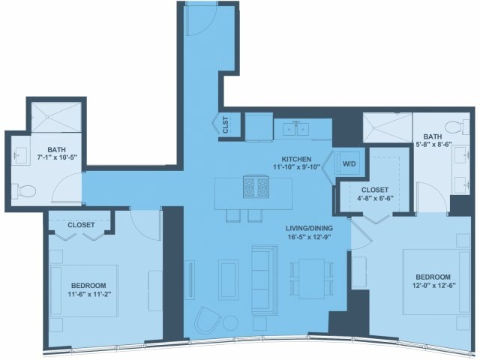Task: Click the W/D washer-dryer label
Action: (x=349, y=163)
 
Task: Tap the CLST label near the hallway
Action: (x=226, y=125)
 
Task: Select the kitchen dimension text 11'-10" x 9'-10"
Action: (x=296, y=166)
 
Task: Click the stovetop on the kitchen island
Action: (x=256, y=187)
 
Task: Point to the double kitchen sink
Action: (x=296, y=130)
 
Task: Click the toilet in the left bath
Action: (x=25, y=192)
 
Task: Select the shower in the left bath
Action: (x=56, y=117)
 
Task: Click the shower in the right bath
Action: (x=388, y=127)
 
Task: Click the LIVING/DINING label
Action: (x=309, y=228)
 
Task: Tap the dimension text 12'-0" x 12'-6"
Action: (x=433, y=285)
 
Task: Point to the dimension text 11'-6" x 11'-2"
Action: (x=88, y=294)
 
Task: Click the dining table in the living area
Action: (x=312, y=278)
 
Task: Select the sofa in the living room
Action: (x=265, y=280)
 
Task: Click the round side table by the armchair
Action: (x=230, y=323)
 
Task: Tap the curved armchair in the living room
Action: (x=208, y=320)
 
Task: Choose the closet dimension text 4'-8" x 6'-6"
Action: (x=375, y=198)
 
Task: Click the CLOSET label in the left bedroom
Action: (x=81, y=225)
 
